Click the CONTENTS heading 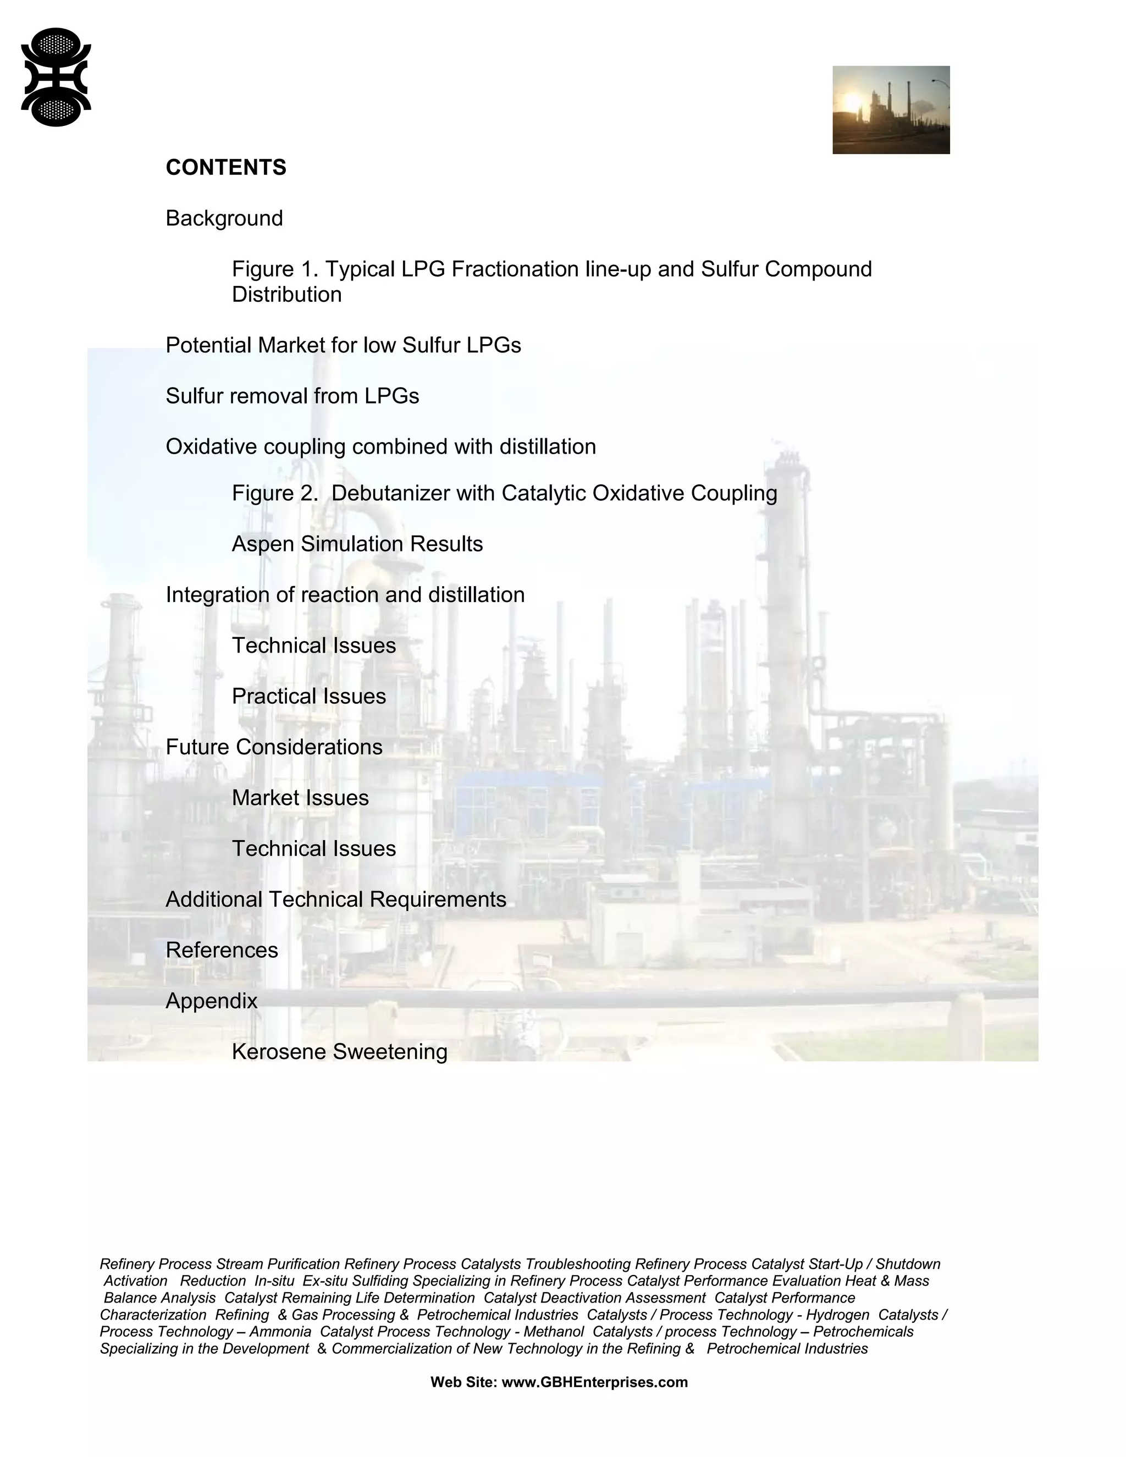(x=225, y=168)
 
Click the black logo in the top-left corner (x=56, y=77)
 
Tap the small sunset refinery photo (x=891, y=109)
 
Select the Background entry (x=224, y=218)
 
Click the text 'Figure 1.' (x=272, y=269)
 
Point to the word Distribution (x=287, y=295)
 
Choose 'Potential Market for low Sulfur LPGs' (x=343, y=346)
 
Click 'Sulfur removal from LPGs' (x=292, y=396)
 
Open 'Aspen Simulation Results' (x=357, y=544)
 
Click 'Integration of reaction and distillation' (x=345, y=595)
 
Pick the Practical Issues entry (x=309, y=697)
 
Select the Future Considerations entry (x=273, y=747)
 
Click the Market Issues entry (x=300, y=798)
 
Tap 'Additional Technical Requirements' (x=335, y=899)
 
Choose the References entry (x=222, y=950)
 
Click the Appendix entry (x=212, y=1001)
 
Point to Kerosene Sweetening (x=340, y=1052)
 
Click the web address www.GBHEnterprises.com (x=594, y=1382)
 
